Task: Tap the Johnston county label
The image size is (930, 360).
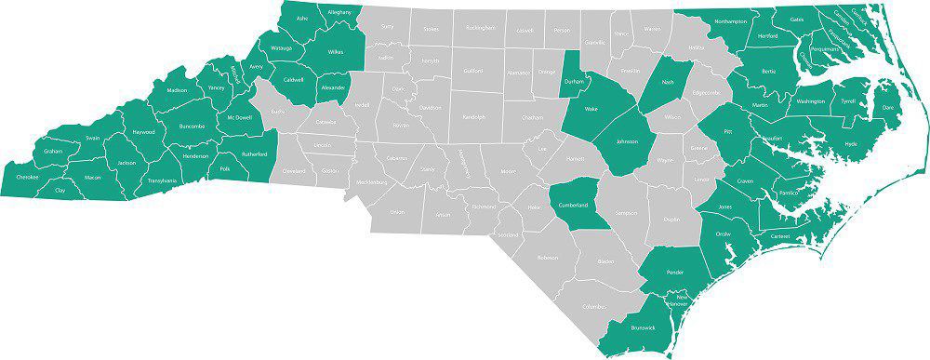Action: coord(627,142)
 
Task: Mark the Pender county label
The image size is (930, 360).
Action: coord(676,272)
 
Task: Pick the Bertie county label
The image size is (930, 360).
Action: coord(768,71)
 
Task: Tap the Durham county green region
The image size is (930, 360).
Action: coord(574,81)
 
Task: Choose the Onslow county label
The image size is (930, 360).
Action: coord(722,234)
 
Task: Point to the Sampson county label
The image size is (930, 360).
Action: coord(626,213)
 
